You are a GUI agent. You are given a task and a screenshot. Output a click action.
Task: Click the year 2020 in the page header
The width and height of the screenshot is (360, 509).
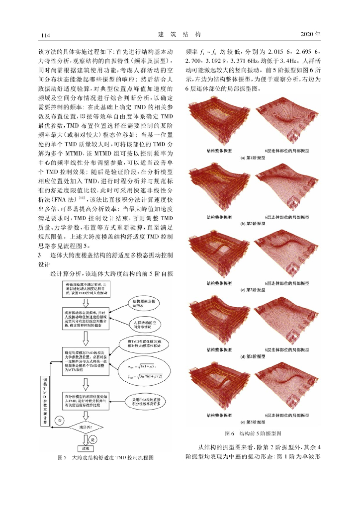[x=311, y=34]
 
